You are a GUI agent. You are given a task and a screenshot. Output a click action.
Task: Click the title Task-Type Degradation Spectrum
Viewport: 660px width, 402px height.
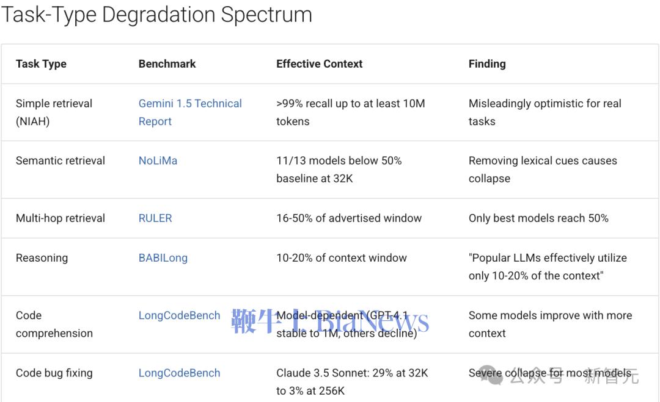(x=156, y=14)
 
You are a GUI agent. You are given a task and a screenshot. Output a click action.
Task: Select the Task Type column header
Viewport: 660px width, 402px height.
(x=42, y=64)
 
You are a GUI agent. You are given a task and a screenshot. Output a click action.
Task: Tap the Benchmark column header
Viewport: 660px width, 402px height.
(x=167, y=64)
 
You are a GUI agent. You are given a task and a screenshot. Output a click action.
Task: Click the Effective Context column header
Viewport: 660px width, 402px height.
(x=320, y=64)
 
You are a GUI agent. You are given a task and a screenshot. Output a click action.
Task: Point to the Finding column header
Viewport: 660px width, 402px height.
(x=487, y=64)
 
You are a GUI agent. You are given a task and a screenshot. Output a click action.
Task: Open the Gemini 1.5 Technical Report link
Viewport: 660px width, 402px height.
(x=190, y=112)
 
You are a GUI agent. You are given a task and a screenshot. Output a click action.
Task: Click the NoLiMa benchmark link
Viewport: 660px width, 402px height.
(x=158, y=161)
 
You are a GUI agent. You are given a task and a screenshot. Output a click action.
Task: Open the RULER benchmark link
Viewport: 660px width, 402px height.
(x=155, y=218)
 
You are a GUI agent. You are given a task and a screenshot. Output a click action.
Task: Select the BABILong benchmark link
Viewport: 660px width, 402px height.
(x=163, y=258)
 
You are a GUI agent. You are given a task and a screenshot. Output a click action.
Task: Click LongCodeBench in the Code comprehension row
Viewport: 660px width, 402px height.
(x=179, y=315)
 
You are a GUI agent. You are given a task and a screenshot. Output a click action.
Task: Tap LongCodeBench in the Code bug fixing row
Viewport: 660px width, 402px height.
(x=179, y=373)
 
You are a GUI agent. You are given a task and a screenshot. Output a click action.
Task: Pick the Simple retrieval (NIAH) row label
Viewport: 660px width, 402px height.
(x=54, y=112)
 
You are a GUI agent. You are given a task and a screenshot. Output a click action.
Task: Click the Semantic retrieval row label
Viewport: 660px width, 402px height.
(x=61, y=161)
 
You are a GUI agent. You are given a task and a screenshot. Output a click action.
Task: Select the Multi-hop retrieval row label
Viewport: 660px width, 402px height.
(x=61, y=218)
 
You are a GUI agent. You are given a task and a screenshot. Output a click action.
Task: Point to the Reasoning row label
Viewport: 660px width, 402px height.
(x=42, y=258)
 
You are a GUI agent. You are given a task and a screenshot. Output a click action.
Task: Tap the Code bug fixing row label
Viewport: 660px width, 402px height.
(x=54, y=373)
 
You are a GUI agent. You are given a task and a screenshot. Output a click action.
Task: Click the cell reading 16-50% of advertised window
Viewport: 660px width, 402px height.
(x=349, y=218)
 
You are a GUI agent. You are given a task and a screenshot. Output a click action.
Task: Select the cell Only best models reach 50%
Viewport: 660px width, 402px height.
(x=539, y=218)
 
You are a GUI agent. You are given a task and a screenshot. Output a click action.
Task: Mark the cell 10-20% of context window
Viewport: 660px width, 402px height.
(x=342, y=258)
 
